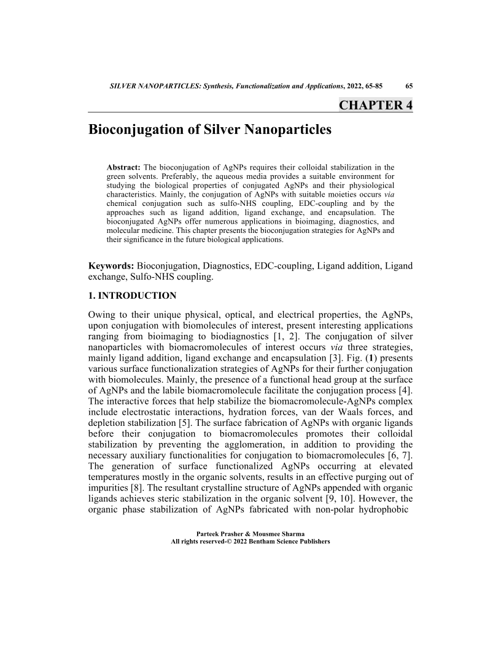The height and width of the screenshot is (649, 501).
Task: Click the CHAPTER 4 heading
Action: point(375,105)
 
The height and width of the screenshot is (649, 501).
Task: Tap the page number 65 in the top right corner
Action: point(409,86)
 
